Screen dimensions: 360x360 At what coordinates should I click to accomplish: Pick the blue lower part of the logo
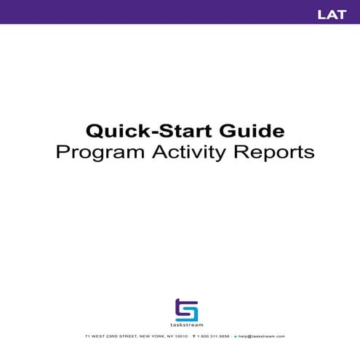189,314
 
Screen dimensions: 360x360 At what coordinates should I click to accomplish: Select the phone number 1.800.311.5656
213,337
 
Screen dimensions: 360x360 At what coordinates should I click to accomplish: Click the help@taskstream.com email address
261,337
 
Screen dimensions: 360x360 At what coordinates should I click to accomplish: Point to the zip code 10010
181,337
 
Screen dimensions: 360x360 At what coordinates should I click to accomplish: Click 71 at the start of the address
87,337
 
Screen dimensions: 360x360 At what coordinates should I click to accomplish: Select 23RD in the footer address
108,337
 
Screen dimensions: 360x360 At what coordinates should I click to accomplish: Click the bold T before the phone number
194,337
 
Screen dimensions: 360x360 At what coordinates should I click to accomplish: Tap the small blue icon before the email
235,337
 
